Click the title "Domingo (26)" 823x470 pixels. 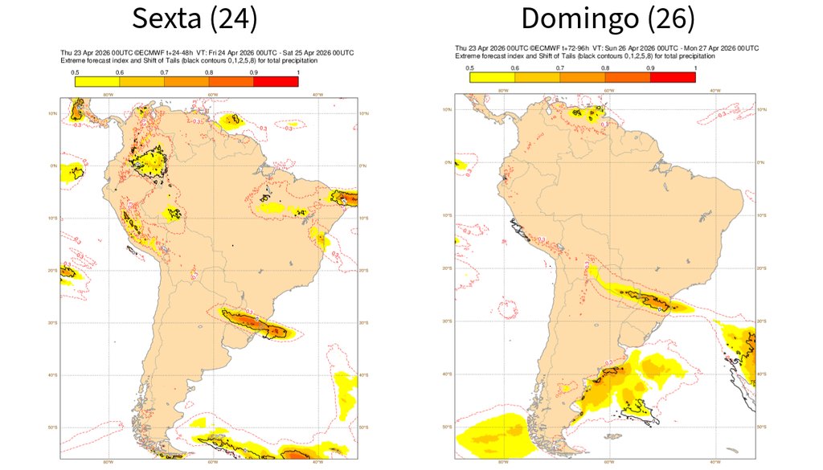[608, 18]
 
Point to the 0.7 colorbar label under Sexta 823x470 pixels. [164, 73]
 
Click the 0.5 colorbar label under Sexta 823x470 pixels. [74, 73]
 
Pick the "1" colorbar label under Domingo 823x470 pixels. [695, 67]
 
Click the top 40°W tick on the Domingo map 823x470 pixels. [714, 90]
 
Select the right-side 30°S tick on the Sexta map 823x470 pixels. [364, 323]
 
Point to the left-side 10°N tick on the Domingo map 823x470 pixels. [447, 109]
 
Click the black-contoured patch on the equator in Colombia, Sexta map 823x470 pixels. [149, 160]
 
